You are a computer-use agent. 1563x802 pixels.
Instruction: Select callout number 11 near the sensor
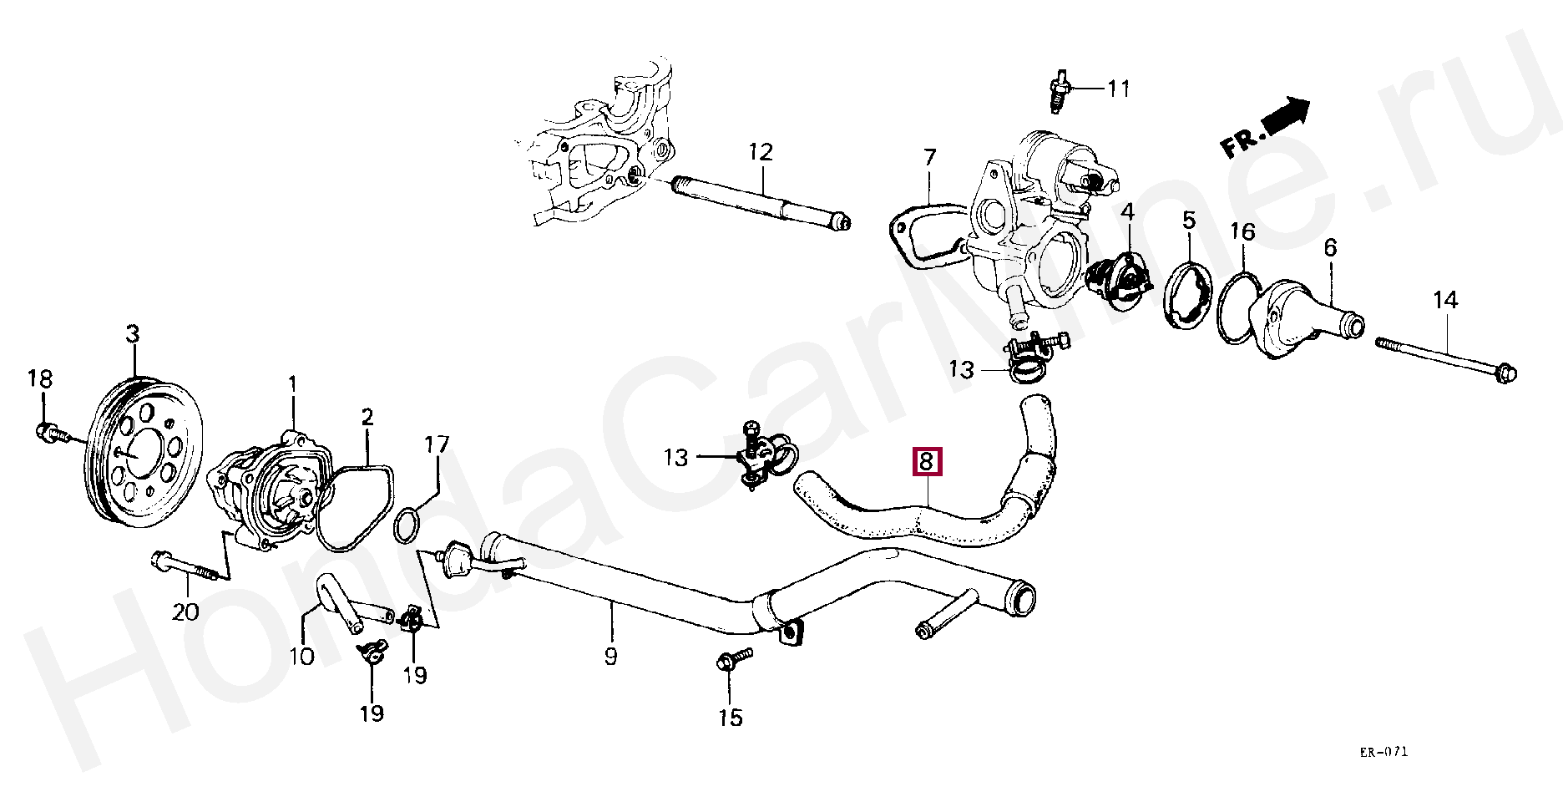(1119, 89)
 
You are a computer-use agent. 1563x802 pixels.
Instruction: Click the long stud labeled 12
(760, 203)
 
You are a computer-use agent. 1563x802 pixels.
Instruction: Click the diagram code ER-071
(1383, 752)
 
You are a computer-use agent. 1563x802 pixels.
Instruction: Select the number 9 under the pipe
(611, 657)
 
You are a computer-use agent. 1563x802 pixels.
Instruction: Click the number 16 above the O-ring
(1242, 231)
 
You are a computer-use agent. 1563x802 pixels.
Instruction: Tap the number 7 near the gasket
(930, 157)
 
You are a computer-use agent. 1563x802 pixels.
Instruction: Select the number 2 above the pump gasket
(367, 417)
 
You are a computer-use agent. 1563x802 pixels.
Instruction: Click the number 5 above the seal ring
(1189, 221)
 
